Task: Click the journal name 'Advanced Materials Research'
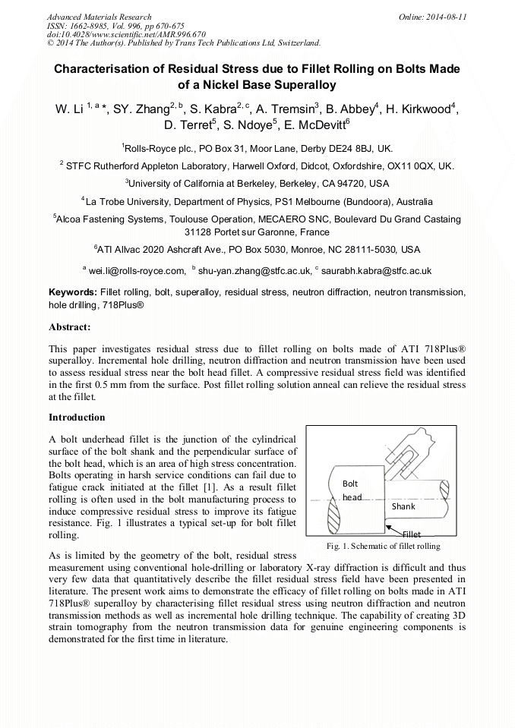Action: pos(99,16)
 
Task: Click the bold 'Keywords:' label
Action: pos(73,292)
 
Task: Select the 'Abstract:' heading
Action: pos(70,327)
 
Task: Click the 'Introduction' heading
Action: pos(77,417)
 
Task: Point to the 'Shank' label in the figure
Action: pos(403,506)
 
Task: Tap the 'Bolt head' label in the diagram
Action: pos(351,490)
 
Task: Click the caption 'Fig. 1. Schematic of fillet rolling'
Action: pos(383,546)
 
